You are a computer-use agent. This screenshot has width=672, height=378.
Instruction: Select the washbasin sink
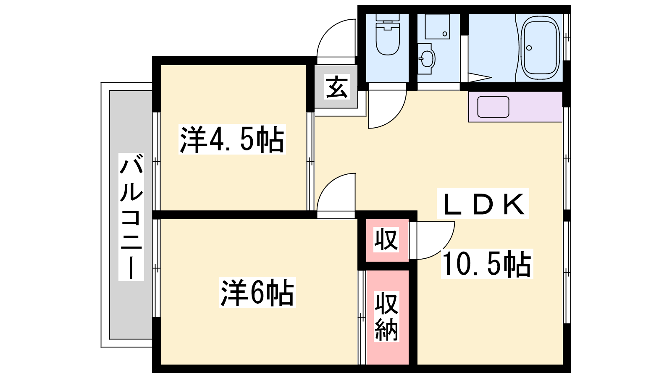coord(426,58)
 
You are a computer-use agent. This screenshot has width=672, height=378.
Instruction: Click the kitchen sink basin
coord(493,107)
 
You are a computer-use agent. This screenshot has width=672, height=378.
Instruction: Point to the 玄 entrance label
coord(336,87)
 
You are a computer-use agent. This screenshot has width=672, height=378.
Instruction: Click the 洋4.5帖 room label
coord(232,139)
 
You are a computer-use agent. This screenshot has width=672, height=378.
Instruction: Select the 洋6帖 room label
coord(257,292)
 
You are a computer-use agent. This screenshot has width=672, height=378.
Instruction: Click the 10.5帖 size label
coord(487,264)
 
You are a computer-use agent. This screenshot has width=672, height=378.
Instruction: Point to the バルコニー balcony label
coord(131,217)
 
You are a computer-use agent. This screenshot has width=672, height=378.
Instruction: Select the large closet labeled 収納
coord(387,317)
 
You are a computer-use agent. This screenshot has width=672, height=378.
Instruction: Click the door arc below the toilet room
coord(396,117)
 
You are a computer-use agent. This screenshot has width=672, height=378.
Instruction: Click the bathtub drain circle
coord(529,48)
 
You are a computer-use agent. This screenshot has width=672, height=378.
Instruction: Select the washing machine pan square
coord(437,26)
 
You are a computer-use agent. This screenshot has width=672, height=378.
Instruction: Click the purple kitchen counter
coord(515,107)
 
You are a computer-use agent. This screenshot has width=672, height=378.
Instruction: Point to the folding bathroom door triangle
coord(479,77)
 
